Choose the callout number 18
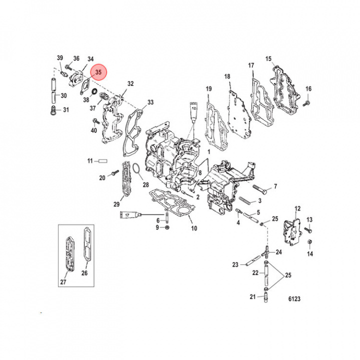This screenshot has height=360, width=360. click(227, 76)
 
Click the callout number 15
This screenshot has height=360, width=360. click(268, 59)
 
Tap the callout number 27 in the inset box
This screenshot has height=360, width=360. click(63, 282)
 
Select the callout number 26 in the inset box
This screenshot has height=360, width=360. click(84, 273)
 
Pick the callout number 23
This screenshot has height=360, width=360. click(235, 264)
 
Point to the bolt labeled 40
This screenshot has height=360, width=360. click(95, 121)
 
